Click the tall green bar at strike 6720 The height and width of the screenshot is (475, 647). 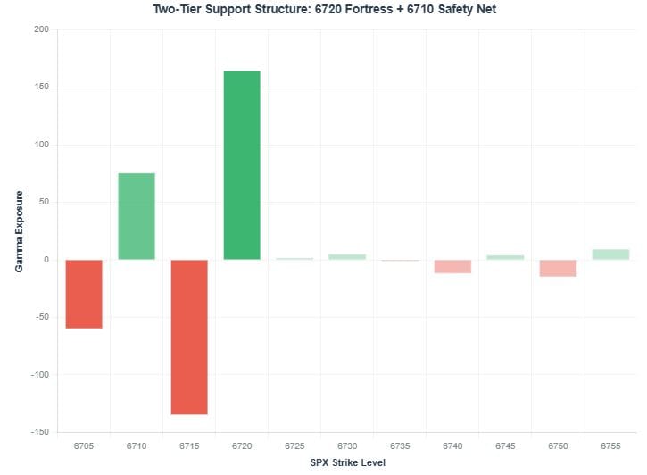click(242, 165)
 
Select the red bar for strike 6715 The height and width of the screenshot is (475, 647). click(189, 337)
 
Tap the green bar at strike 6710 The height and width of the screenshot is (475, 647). click(137, 216)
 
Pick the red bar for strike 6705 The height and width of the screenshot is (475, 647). click(84, 294)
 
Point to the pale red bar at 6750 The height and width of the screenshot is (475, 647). click(558, 268)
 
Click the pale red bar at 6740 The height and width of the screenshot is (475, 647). click(452, 266)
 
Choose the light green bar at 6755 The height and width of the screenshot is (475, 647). click(610, 254)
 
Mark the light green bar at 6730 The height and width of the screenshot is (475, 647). click(347, 257)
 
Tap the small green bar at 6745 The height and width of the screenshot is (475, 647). click(505, 257)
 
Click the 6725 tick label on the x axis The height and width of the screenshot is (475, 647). click(294, 446)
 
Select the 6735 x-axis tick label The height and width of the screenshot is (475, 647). click(400, 446)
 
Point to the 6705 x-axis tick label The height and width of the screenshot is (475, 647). click(84, 446)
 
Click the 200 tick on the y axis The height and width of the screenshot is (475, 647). click(41, 29)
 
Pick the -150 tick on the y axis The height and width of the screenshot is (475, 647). click(38, 432)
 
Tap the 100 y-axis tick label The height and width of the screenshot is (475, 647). click(41, 145)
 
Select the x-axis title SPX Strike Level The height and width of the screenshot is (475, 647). click(348, 462)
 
